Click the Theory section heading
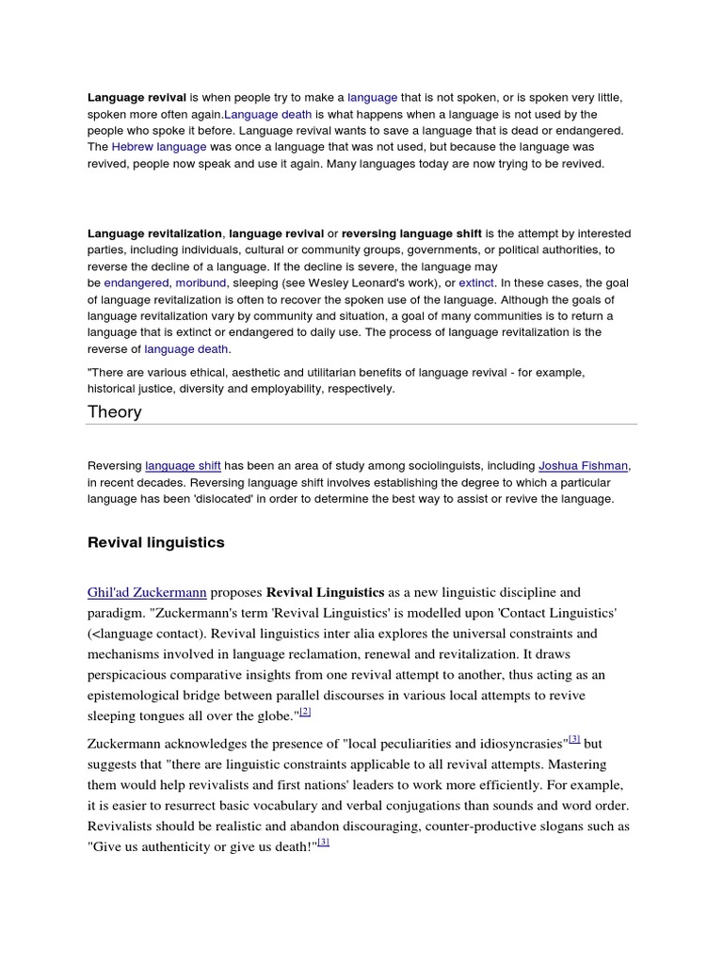point(115,411)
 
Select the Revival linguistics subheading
point(156,542)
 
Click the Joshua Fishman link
point(584,465)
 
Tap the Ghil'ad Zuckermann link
point(147,592)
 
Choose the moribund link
point(201,282)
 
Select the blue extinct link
point(476,282)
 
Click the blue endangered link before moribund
point(136,282)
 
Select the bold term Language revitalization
point(155,233)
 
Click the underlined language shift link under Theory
point(183,465)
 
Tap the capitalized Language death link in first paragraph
point(267,114)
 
